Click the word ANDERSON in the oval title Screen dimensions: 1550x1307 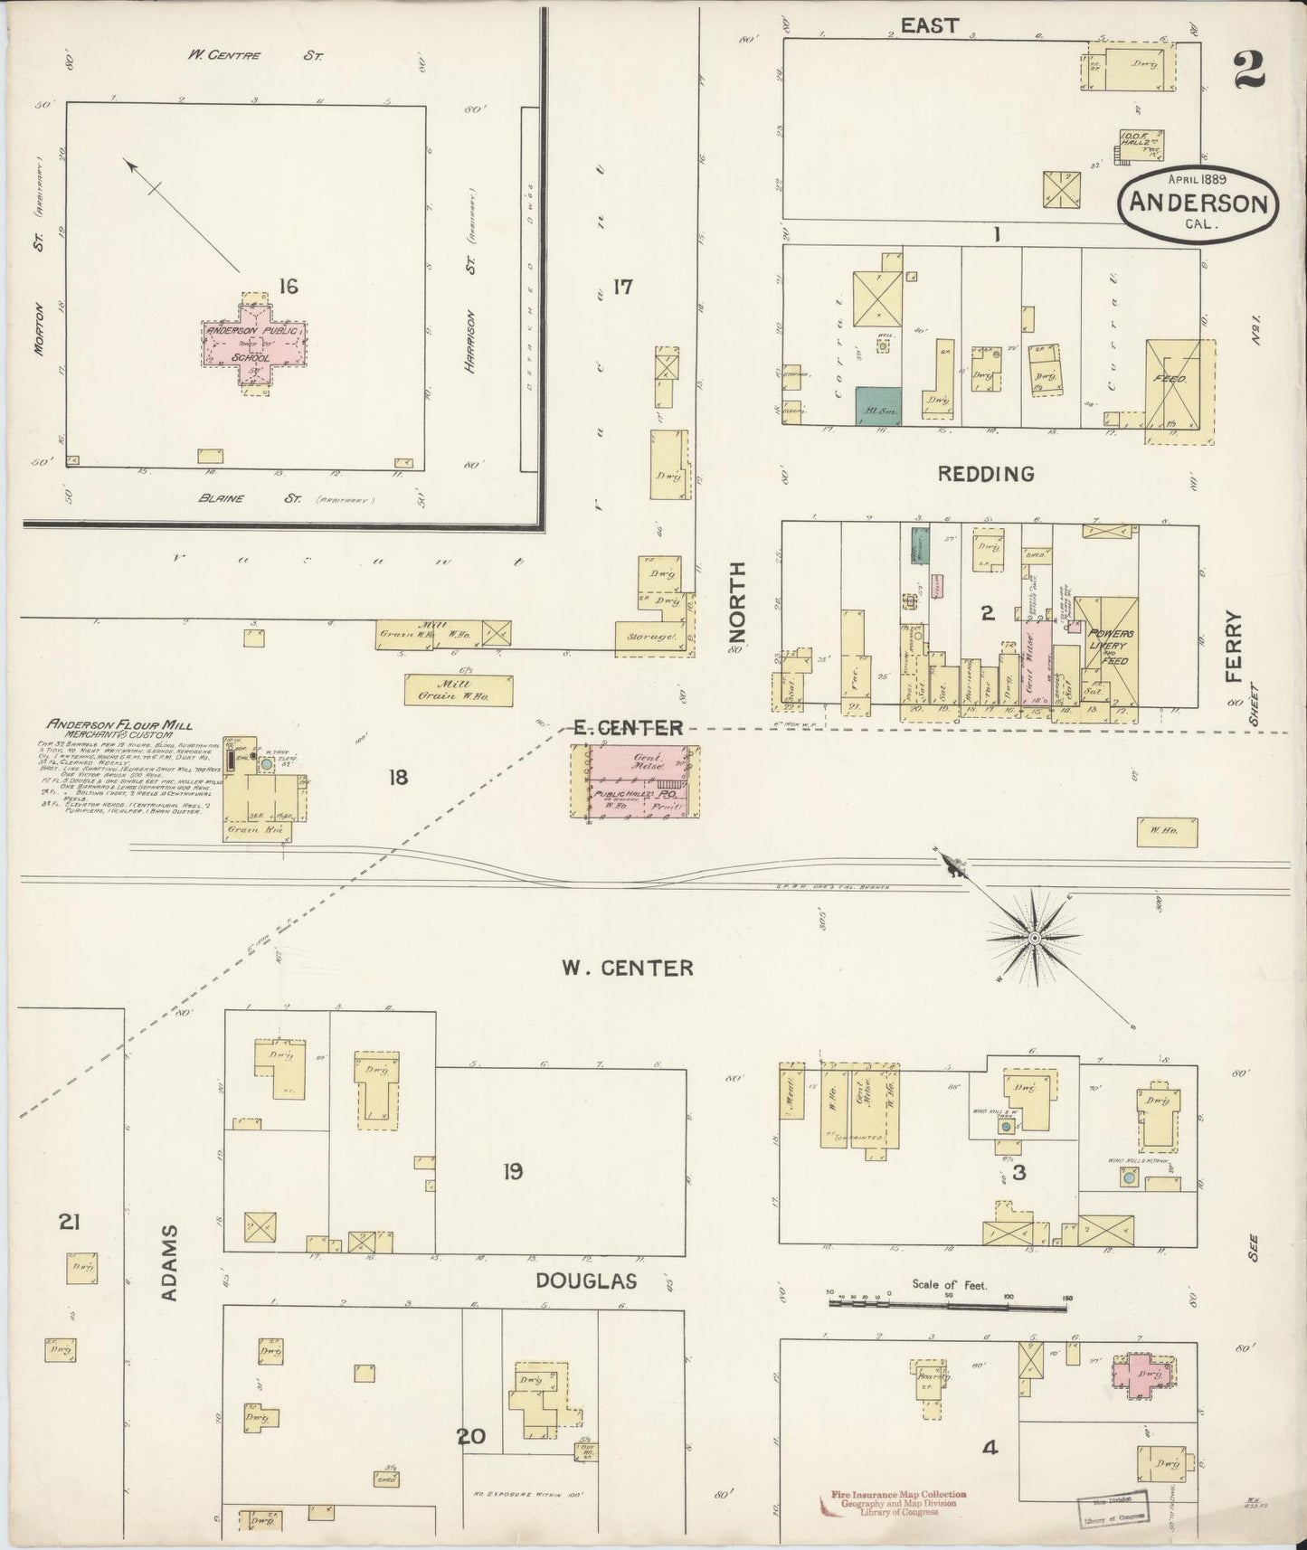(x=1199, y=203)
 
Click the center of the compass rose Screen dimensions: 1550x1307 (x=1034, y=940)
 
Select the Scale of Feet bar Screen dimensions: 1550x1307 (x=947, y=1306)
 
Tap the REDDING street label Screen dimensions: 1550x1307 (x=985, y=474)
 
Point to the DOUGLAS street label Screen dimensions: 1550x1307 (x=585, y=1281)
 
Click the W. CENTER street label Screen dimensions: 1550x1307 (x=628, y=969)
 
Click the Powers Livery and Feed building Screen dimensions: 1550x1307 (x=1106, y=647)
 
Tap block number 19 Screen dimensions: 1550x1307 (x=513, y=1172)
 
